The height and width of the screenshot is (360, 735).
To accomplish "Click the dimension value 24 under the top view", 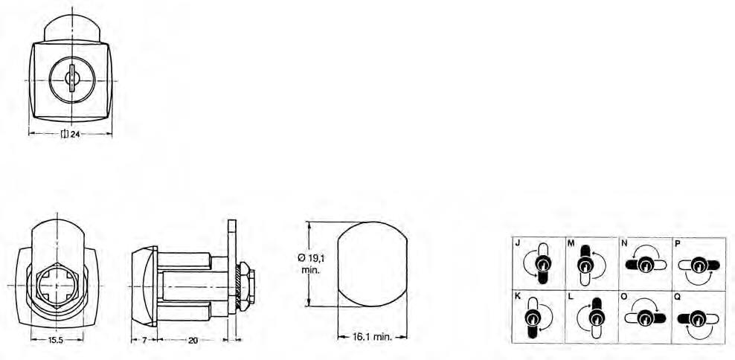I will click(75, 135).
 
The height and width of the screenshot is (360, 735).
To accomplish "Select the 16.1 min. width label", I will click(372, 337).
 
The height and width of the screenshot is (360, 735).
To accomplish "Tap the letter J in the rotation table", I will click(517, 242).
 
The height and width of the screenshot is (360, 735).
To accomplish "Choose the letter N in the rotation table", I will click(623, 242).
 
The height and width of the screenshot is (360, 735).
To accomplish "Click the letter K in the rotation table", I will click(517, 296).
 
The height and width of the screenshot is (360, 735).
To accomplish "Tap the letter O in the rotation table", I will click(623, 296).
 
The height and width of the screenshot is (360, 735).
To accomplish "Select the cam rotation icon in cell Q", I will click(699, 318).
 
